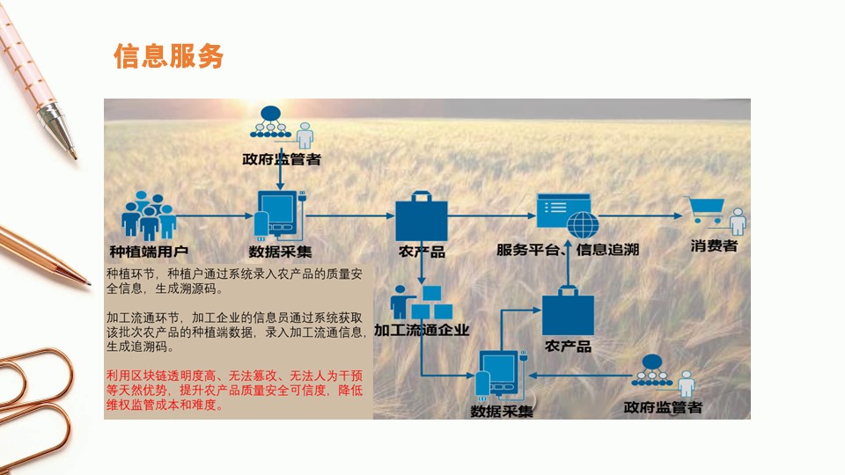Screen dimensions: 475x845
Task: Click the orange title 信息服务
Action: (168, 55)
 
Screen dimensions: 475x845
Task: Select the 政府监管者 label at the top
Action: (281, 160)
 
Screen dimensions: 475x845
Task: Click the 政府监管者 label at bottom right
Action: (662, 407)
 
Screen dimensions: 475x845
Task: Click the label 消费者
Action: (714, 246)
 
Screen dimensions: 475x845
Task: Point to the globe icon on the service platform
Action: (582, 223)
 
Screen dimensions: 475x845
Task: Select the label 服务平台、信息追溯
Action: (567, 251)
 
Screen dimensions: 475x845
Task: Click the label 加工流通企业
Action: (422, 331)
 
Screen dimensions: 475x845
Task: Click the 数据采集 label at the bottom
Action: (502, 411)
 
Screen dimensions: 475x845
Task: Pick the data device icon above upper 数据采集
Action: (279, 215)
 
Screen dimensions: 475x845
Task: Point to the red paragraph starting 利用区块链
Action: (234, 391)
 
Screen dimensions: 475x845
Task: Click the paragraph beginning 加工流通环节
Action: (234, 331)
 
